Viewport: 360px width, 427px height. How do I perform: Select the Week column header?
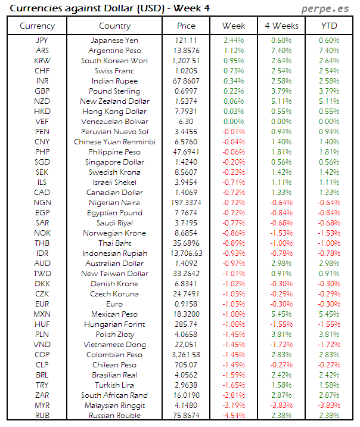(234, 26)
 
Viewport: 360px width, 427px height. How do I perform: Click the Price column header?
(186, 26)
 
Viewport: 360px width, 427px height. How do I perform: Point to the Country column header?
(114, 26)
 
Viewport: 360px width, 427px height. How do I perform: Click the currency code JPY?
(42, 41)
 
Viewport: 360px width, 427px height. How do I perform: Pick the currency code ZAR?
(42, 395)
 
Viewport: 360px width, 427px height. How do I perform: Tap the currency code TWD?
(42, 274)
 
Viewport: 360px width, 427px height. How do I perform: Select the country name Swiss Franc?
(114, 71)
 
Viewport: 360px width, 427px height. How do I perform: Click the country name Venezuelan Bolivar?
(114, 122)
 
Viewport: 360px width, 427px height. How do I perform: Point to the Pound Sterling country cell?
(114, 91)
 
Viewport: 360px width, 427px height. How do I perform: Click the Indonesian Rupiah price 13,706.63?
(186, 253)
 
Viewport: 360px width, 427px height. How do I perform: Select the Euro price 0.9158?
(186, 304)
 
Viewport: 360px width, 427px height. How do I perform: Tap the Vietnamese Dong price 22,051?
(186, 345)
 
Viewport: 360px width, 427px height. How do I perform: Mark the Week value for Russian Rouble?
(234, 416)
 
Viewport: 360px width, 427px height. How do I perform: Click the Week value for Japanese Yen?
(234, 41)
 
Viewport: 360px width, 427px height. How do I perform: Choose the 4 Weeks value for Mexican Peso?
(281, 314)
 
